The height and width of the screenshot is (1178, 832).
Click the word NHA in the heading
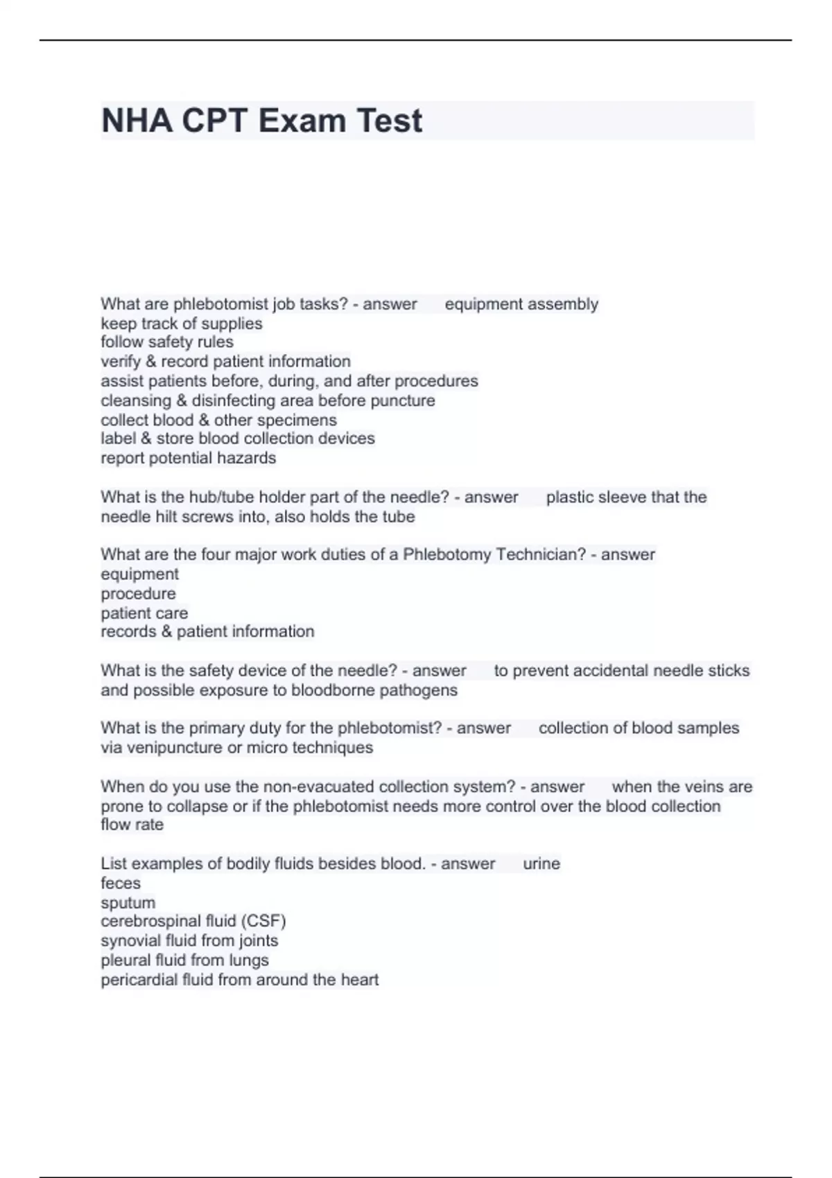(137, 121)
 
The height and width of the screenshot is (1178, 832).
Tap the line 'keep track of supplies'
(182, 324)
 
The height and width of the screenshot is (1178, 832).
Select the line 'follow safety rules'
(167, 342)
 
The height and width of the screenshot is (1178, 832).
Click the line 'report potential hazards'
(189, 458)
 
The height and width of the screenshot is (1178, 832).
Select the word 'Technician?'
(541, 555)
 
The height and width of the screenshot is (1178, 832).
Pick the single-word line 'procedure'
(138, 594)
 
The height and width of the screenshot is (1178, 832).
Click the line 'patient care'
(144, 613)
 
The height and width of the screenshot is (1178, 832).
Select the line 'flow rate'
(132, 825)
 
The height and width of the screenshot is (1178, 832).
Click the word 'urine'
(541, 864)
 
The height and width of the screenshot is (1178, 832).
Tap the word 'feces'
(121, 884)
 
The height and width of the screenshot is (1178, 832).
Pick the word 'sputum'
(128, 903)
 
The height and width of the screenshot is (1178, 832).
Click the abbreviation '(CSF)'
(263, 922)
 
